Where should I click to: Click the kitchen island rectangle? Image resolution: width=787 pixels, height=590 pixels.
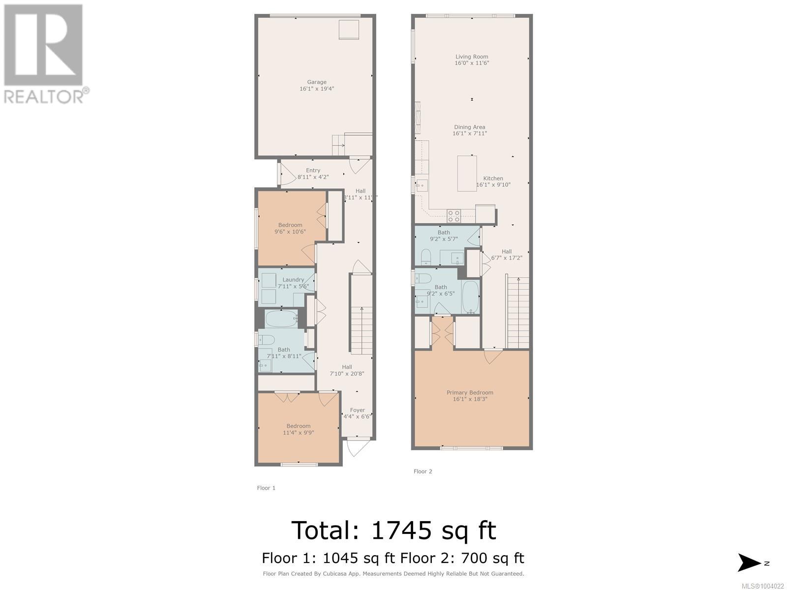(467, 173)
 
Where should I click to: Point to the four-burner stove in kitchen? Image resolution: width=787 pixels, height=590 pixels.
(454, 216)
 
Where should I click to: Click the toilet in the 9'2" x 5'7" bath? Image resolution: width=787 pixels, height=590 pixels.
(426, 257)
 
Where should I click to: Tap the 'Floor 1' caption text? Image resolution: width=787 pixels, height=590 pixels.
(266, 488)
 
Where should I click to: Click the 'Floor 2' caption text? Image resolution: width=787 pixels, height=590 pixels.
(423, 472)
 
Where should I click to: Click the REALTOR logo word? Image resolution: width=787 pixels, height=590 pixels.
(44, 96)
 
